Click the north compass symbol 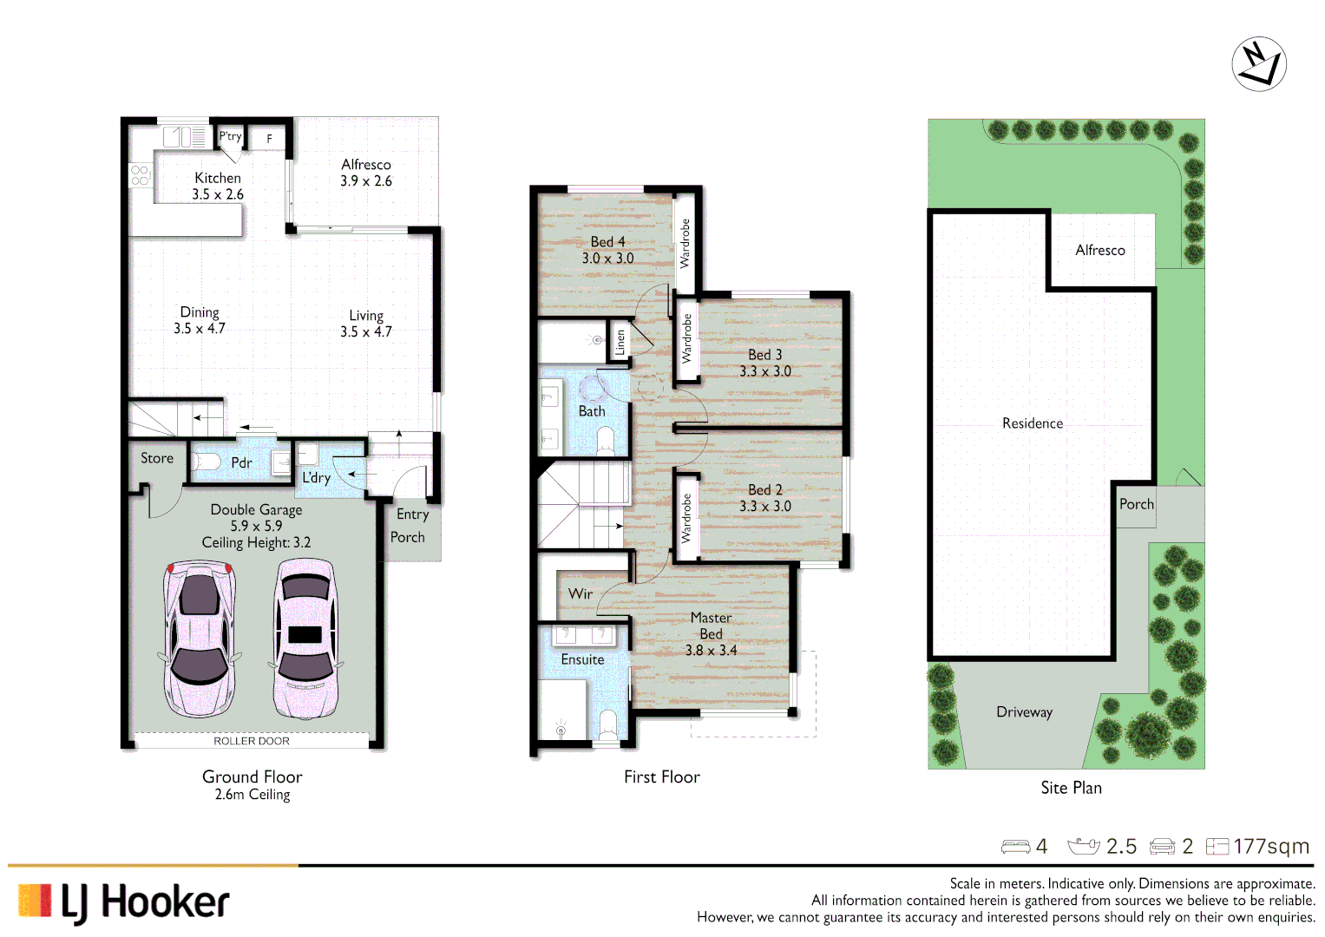pyautogui.click(x=1258, y=64)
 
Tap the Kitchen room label pyautogui.click(x=218, y=178)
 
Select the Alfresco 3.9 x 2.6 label pyautogui.click(x=366, y=173)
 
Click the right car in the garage pyautogui.click(x=305, y=638)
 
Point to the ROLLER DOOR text pyautogui.click(x=252, y=741)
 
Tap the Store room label pyautogui.click(x=157, y=458)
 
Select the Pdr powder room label pyautogui.click(x=241, y=463)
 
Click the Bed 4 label pyautogui.click(x=607, y=242)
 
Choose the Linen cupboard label pyautogui.click(x=620, y=342)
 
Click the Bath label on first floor pyautogui.click(x=592, y=411)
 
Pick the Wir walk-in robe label pyautogui.click(x=581, y=594)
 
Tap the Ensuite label pyautogui.click(x=582, y=659)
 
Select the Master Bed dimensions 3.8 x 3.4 pyautogui.click(x=711, y=650)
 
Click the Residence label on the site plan pyautogui.click(x=1032, y=423)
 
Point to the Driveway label pyautogui.click(x=1024, y=712)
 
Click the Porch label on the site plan pyautogui.click(x=1136, y=504)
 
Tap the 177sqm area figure pyautogui.click(x=1270, y=846)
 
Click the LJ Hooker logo pyautogui.click(x=124, y=902)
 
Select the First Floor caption pyautogui.click(x=661, y=777)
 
